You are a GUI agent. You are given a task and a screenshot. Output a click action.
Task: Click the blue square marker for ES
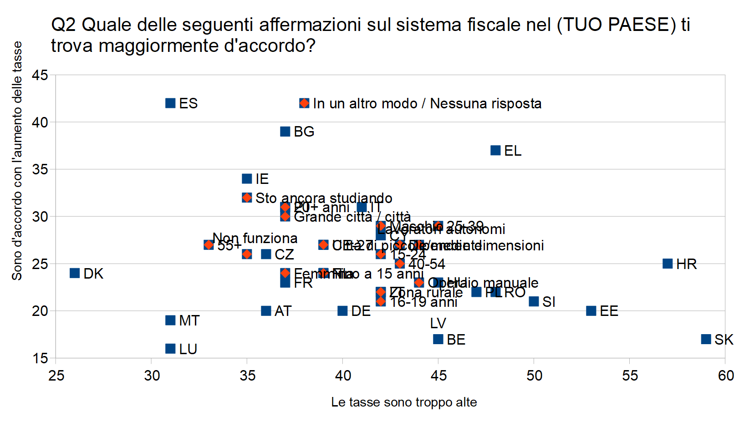[x=170, y=103]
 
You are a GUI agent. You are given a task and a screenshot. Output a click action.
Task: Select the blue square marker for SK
[x=706, y=339]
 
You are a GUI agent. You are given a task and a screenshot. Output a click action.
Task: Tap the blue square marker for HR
[x=667, y=264]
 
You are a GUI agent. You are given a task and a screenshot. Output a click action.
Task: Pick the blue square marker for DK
[x=75, y=273]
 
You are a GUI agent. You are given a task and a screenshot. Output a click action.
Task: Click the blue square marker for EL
[x=495, y=150]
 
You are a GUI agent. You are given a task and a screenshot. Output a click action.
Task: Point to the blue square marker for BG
[x=285, y=132]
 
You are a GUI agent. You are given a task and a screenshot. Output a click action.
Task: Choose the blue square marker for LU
[x=170, y=349]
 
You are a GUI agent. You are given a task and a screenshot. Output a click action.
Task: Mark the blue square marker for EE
[x=591, y=311]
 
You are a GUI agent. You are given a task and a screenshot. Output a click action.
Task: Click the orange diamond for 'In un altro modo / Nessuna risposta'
[x=304, y=103]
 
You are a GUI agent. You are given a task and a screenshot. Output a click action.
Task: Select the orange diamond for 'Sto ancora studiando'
[x=247, y=198]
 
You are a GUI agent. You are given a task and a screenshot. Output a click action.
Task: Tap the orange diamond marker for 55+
[x=209, y=245]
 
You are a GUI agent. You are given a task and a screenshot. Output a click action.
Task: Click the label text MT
[x=189, y=320]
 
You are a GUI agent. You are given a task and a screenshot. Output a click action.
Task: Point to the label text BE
[x=456, y=340]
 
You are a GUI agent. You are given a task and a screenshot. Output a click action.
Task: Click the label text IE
[x=262, y=179]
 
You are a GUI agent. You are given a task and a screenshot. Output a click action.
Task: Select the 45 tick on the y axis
[x=40, y=75]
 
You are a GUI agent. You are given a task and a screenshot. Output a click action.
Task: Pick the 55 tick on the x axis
[x=630, y=376]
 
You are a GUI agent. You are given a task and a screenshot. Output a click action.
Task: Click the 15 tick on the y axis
[x=40, y=358]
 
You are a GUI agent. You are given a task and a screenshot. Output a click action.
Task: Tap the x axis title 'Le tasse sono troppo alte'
[x=404, y=402]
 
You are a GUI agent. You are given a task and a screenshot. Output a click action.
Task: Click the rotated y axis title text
[x=17, y=161]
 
